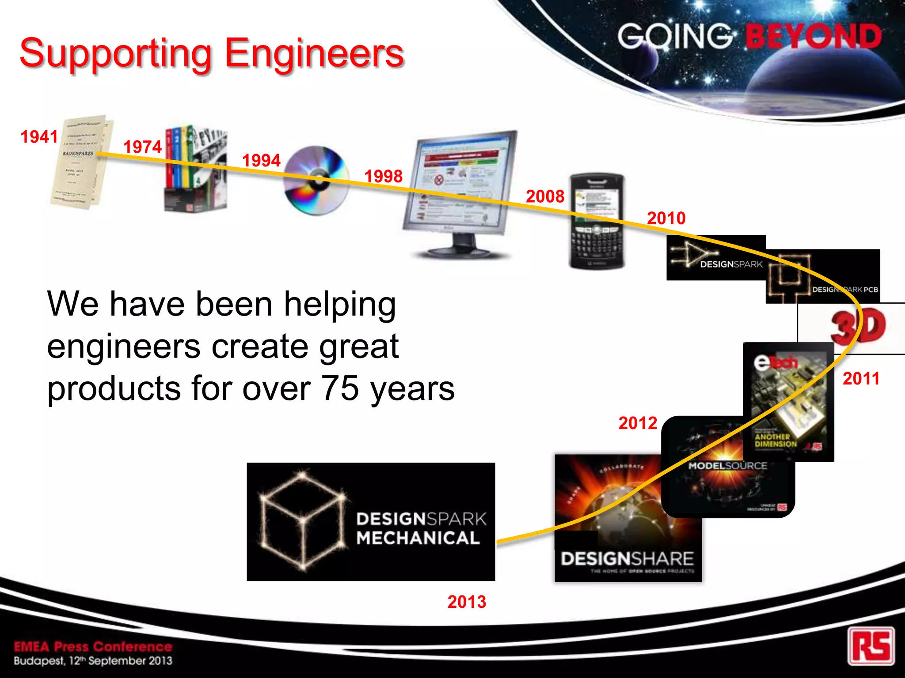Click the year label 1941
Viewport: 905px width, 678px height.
click(x=39, y=137)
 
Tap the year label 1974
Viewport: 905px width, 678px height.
click(x=142, y=147)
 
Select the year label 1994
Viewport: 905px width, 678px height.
click(x=261, y=160)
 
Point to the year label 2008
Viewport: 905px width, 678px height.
click(x=545, y=196)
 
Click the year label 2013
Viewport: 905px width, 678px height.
click(x=467, y=602)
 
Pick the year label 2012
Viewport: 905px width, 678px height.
click(x=638, y=423)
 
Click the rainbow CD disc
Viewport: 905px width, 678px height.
click(x=316, y=180)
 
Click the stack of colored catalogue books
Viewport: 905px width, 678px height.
click(x=194, y=170)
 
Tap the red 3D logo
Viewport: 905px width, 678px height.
click(x=857, y=327)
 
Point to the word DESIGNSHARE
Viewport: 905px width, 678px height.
click(x=627, y=559)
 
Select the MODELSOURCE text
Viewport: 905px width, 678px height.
click(x=727, y=466)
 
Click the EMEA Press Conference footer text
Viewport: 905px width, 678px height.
click(x=93, y=647)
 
